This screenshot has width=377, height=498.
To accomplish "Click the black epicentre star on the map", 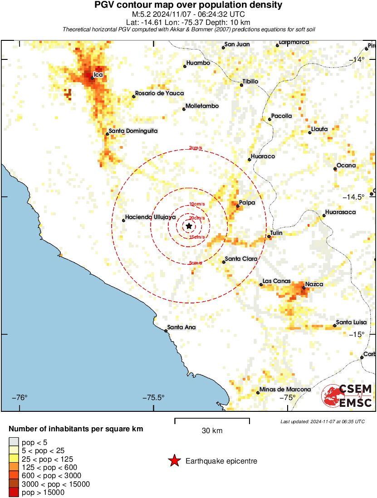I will click(189, 226).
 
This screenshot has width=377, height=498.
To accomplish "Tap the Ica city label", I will click(98, 74).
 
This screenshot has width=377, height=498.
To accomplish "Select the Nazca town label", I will click(314, 284).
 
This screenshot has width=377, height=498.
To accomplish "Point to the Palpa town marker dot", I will click(238, 206).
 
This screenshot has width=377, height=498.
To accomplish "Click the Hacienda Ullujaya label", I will click(151, 217).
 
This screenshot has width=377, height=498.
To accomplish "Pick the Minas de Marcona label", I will click(285, 389).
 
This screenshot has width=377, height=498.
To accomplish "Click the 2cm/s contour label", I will click(196, 148).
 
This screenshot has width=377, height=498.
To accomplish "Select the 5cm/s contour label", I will click(196, 263).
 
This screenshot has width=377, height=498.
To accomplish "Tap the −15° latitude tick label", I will click(357, 334).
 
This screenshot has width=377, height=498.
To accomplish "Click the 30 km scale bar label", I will click(212, 431).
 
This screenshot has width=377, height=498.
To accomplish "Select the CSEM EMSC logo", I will click(347, 395).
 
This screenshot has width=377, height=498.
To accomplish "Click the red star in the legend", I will click(174, 461).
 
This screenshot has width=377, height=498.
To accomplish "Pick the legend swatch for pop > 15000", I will click(14, 492).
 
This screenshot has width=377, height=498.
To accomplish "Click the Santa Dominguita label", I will click(134, 131).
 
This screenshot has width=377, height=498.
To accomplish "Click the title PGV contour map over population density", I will click(188, 5).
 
